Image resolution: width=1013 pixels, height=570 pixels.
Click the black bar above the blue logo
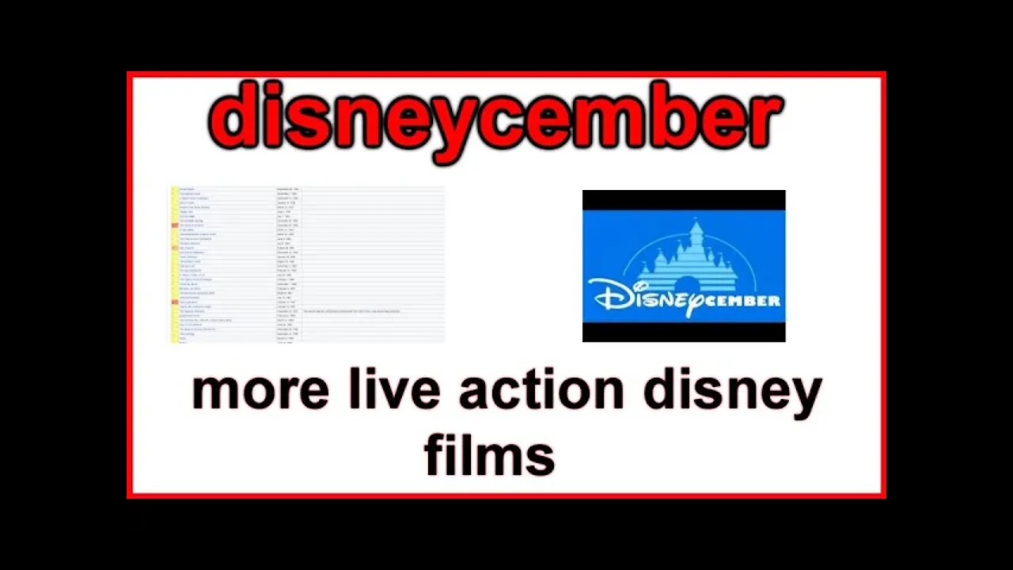[684, 199]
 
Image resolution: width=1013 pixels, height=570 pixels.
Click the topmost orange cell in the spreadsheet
[175, 225]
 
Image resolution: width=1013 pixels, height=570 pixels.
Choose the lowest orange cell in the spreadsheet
[175, 302]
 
